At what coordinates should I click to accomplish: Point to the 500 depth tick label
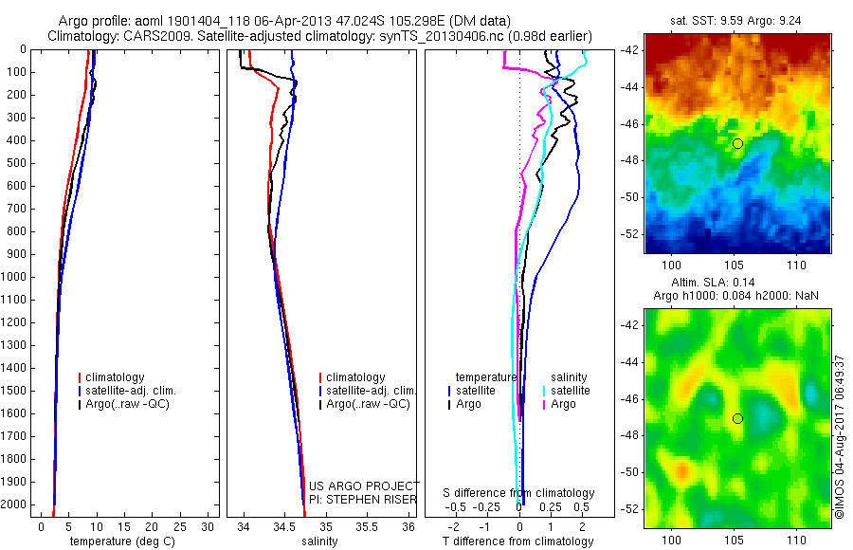point(16,163)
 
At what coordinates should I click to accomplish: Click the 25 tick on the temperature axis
point(179,526)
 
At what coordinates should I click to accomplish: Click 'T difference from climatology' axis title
point(518,541)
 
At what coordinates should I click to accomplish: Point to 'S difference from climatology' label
point(519,493)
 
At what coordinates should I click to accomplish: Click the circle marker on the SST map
point(737,143)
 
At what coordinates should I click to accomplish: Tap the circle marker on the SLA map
point(737,418)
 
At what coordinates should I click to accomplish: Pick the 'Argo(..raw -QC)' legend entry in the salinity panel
point(368,404)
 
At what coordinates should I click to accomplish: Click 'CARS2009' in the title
point(151,36)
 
